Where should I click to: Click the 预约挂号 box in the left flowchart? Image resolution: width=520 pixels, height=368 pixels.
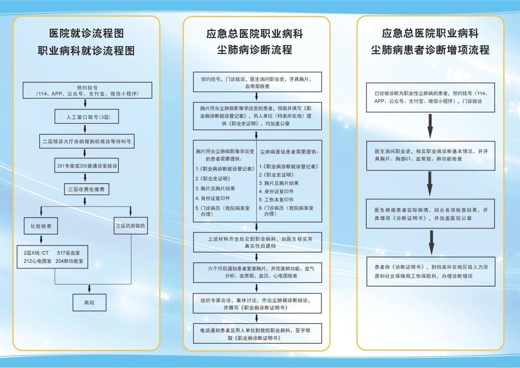point(87,90)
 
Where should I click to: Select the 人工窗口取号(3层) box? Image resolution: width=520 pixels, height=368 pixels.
point(87,117)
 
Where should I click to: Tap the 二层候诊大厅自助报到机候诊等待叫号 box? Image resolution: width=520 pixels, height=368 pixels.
point(87,141)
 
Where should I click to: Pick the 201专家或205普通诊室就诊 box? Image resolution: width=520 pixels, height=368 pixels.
point(87,166)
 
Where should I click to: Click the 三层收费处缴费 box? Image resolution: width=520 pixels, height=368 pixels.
point(87,189)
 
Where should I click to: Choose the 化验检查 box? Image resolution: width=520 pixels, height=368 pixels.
point(41,225)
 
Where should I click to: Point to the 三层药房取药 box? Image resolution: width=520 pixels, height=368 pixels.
point(130,225)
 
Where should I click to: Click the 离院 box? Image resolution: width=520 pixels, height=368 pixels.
point(89,302)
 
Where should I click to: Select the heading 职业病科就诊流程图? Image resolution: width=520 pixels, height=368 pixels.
point(86,51)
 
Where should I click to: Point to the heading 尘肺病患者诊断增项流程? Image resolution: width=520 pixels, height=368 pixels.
point(430,50)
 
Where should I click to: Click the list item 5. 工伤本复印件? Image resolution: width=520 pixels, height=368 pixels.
point(276,199)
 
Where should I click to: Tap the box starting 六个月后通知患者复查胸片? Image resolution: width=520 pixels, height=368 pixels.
point(257,272)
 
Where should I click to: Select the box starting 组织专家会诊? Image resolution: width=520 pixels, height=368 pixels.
point(257,304)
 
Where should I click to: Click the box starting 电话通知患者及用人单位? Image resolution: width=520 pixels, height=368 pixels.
point(257,333)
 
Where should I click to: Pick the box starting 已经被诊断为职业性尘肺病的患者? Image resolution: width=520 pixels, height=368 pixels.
point(430,97)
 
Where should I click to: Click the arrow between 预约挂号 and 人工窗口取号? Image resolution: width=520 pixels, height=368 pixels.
point(85,103)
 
